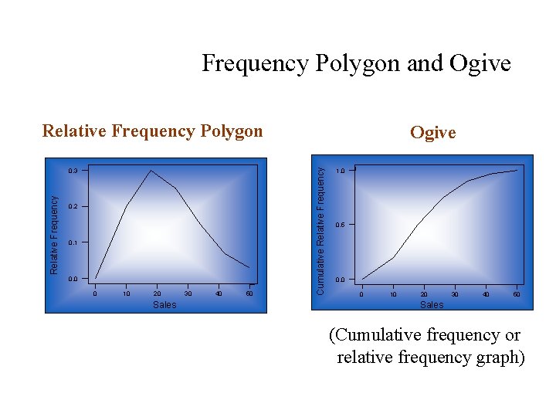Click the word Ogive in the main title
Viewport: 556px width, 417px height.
479,63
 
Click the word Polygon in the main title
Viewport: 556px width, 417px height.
358,63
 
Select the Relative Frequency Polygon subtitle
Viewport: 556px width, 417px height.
152,131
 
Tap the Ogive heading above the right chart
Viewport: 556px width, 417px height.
432,132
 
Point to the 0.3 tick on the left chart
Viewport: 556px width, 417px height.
73,170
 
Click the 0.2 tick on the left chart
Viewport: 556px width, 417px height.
73,207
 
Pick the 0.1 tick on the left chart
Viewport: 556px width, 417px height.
73,242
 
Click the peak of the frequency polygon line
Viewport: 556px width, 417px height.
151,170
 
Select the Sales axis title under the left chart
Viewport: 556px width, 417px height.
164,305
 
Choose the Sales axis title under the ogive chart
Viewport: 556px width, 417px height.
432,305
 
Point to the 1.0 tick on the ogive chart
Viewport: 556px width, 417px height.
340,170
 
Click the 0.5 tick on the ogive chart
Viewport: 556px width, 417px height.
340,225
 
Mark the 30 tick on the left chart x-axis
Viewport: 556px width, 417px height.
188,293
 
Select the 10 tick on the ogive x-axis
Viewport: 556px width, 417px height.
393,294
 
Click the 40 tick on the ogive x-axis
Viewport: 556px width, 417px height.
486,294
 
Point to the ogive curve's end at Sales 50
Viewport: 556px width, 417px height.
517,170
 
